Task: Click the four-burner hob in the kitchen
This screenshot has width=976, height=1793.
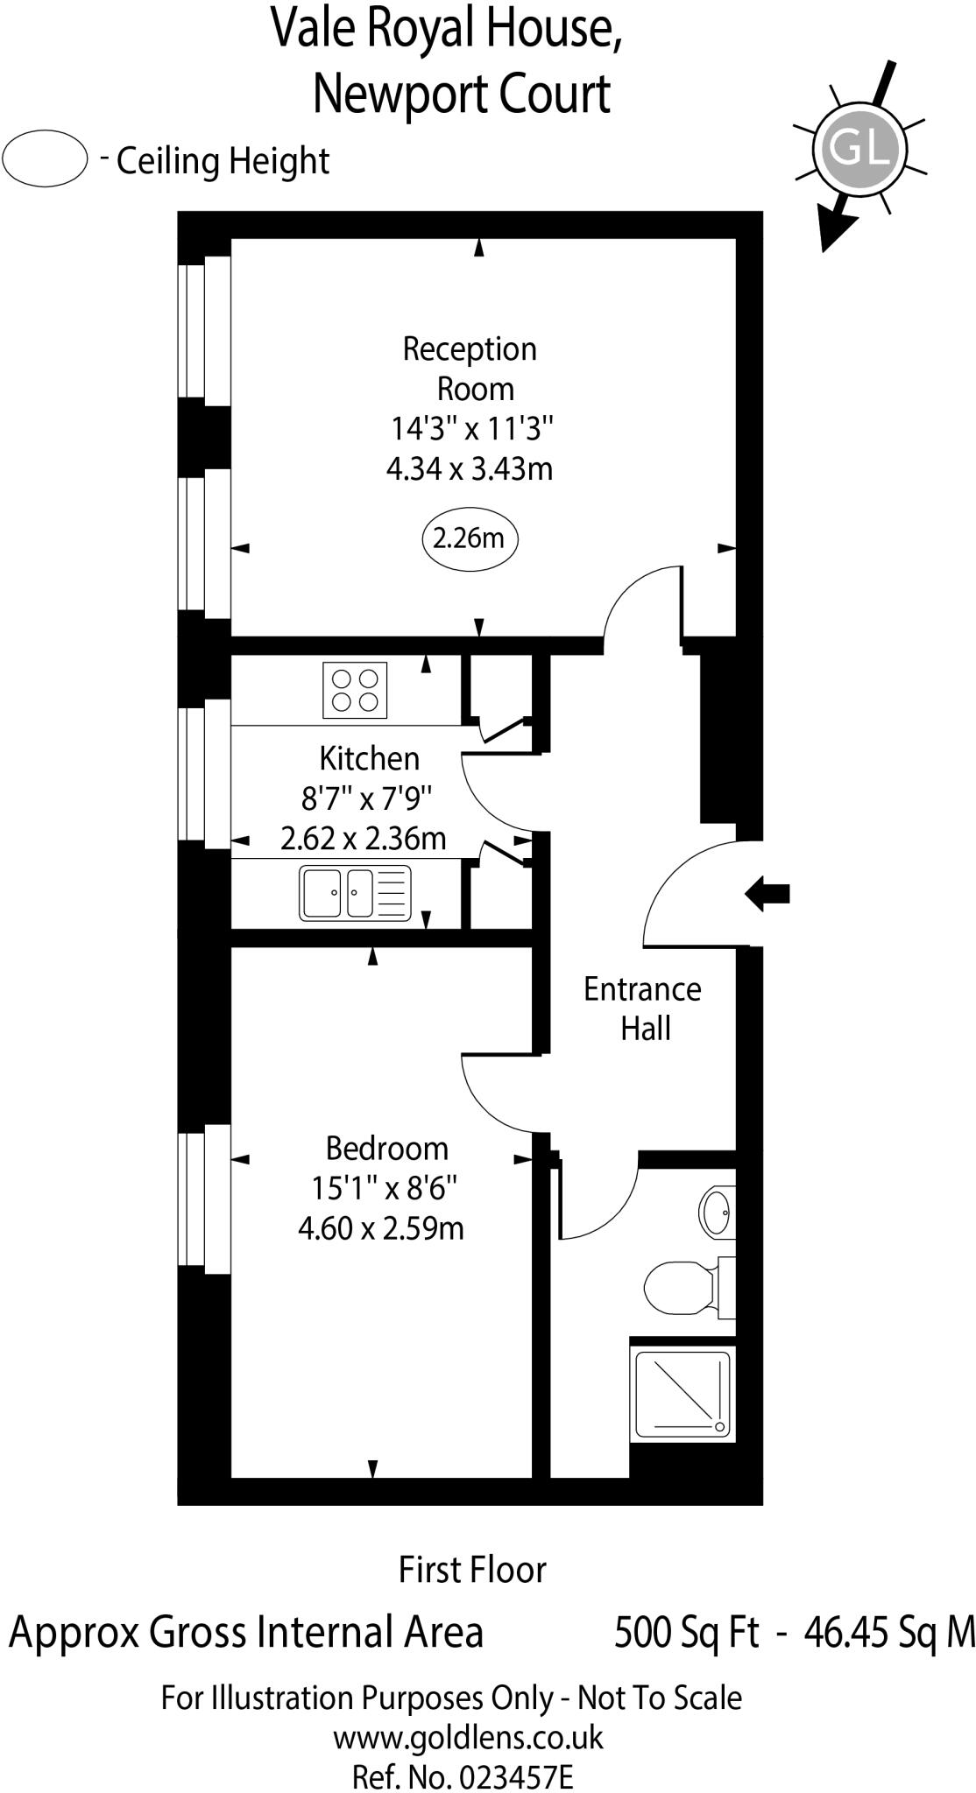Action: coord(355,690)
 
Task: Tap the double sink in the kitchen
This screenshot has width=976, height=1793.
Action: coord(355,892)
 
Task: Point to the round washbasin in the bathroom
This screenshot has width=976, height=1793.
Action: coord(718,1213)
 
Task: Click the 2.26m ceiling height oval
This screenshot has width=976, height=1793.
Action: coord(470,538)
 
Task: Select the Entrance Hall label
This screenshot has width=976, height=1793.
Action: coord(643,1008)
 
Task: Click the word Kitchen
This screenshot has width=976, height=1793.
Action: coord(369,757)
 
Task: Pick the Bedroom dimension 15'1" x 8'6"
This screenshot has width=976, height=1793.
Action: coord(385,1188)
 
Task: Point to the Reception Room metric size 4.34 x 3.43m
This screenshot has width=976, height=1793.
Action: coord(470,469)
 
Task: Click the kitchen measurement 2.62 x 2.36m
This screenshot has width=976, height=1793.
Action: coord(363,839)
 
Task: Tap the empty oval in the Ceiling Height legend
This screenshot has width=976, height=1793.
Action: coord(45,158)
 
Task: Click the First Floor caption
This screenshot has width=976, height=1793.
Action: coord(471,1570)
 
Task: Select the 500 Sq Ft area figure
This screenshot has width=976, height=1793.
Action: coord(686,1633)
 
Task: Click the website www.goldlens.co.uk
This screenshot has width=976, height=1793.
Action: coord(468,1737)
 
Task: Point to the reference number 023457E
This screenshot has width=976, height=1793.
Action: coord(516,1776)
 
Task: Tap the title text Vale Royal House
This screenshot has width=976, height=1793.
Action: coord(446,29)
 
